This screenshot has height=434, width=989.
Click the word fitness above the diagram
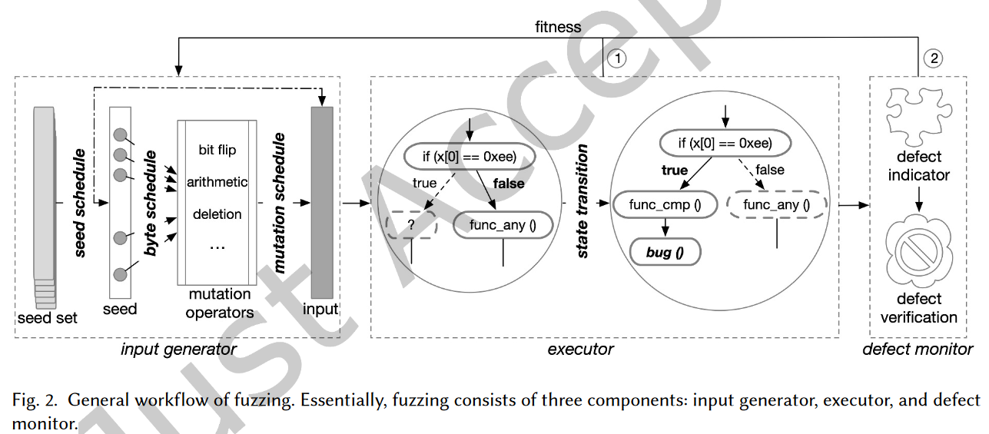click(558, 27)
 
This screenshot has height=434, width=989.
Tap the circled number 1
click(617, 58)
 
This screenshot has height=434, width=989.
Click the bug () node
click(665, 252)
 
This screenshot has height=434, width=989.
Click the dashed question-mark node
click(411, 225)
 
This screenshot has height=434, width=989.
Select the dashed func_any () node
click(778, 205)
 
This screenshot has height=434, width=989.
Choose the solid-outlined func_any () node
click(503, 225)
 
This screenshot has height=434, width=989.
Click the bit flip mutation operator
click(217, 150)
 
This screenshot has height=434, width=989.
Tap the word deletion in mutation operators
click(217, 214)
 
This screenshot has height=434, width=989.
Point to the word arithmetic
click(217, 182)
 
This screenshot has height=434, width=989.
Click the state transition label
click(582, 201)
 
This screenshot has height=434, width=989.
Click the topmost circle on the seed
click(121, 136)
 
